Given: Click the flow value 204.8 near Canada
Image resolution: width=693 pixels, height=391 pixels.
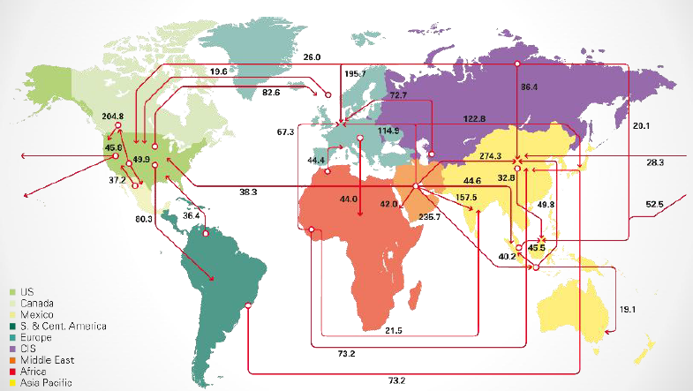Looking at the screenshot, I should (112, 116).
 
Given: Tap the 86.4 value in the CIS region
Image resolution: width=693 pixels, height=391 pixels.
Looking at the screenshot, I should (530, 88).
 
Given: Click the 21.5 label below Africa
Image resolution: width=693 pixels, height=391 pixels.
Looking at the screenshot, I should (395, 330).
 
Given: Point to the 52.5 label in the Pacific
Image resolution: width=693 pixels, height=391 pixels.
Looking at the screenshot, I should (654, 205).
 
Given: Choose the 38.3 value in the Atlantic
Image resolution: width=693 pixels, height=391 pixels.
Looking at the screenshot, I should (249, 192).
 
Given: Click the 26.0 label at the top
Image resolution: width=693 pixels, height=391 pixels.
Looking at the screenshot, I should (312, 56).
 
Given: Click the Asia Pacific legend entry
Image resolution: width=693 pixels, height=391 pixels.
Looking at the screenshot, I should (46, 382).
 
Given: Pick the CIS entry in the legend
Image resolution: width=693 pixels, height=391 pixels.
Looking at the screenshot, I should (30, 349).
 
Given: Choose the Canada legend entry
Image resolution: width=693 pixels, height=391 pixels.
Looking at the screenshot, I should (37, 303).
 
